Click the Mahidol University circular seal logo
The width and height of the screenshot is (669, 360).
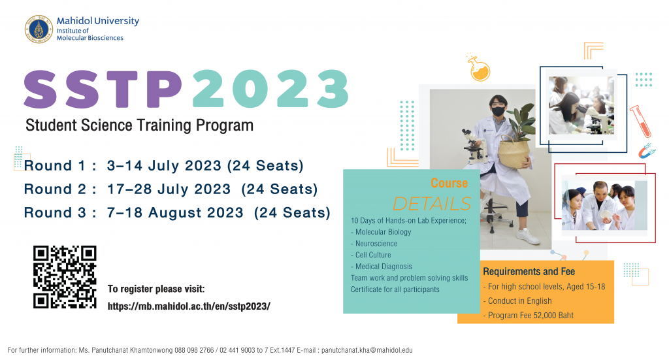click(39, 29)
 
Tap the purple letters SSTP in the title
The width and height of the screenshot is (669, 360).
click(103, 89)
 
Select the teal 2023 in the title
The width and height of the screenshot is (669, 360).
click(270, 89)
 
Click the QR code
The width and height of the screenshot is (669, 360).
click(65, 277)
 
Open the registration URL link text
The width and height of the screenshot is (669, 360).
click(189, 306)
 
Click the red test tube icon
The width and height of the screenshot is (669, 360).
click(640, 121)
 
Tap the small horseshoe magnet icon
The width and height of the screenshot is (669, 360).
click(646, 150)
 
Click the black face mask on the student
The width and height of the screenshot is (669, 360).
click(498, 111)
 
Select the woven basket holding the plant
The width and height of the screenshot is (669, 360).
click(514, 152)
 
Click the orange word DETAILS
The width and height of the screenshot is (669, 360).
click(432, 204)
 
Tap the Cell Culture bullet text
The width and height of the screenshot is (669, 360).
click(371, 255)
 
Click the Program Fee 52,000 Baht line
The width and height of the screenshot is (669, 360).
click(528, 315)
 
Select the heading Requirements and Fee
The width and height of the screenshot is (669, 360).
click(529, 271)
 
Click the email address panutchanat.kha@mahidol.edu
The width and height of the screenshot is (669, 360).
click(367, 350)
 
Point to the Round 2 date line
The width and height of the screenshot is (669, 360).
click(171, 189)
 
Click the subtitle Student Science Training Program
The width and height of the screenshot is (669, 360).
click(140, 125)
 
